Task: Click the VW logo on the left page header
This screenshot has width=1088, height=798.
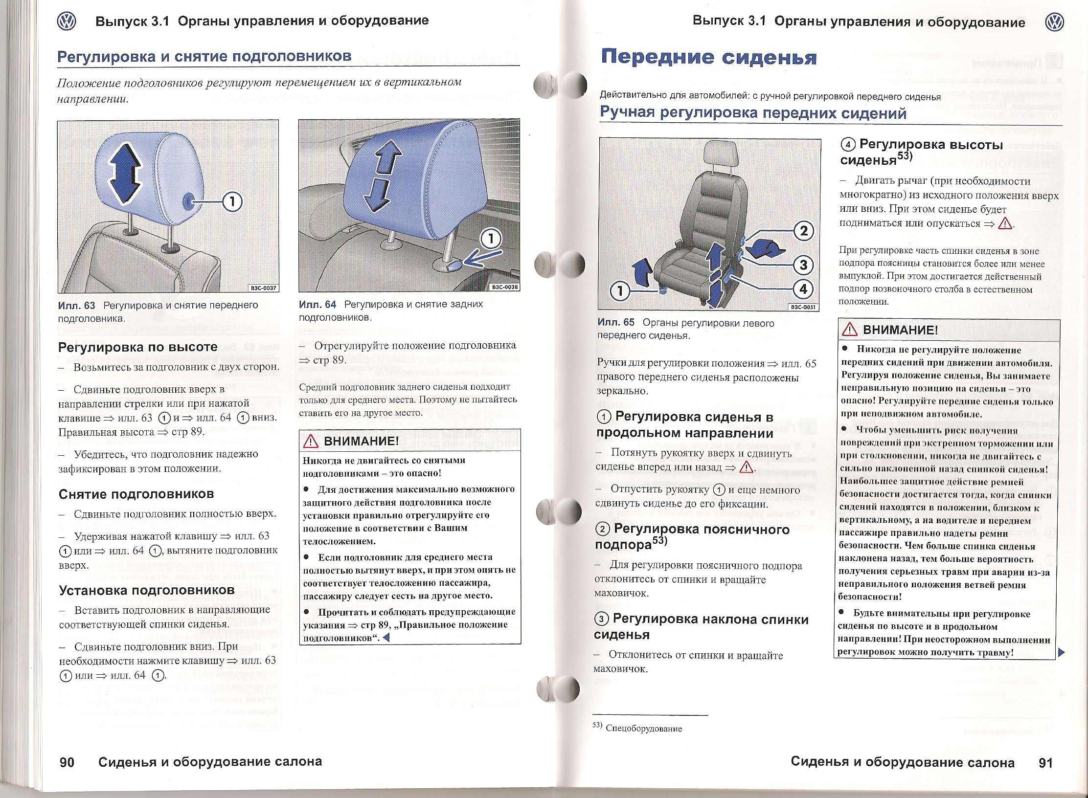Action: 67,22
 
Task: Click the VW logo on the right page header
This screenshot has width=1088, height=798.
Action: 1054,22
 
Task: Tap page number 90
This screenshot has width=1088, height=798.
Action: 67,762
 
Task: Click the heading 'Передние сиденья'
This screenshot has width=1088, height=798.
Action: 709,58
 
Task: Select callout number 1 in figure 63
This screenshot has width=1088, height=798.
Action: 232,201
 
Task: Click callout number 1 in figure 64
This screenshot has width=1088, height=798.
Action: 491,240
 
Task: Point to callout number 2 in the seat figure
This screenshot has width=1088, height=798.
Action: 803,231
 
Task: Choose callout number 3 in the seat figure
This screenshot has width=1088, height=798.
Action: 803,265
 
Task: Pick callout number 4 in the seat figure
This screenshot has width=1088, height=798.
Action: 803,289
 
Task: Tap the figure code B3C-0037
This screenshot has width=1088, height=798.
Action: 264,288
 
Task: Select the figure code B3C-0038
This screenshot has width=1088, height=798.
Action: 504,287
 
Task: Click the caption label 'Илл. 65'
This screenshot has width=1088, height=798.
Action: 616,323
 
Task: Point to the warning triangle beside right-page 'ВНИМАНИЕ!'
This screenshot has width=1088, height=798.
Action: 850,330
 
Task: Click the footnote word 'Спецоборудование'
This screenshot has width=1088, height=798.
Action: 643,729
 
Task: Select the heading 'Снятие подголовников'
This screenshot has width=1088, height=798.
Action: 136,494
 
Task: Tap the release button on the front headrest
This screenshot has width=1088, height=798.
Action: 189,200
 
